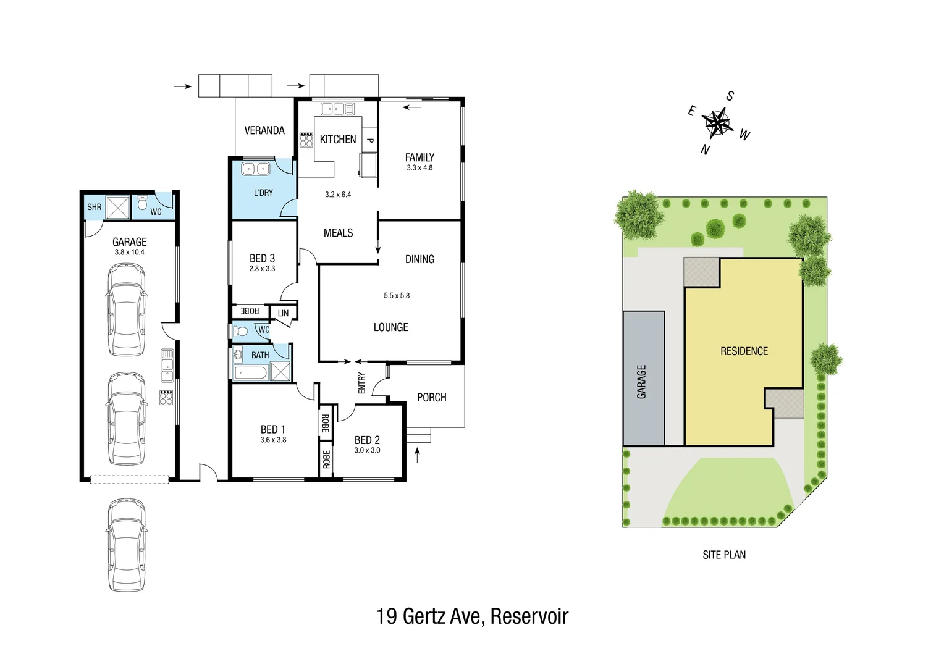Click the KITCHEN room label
click(338, 140)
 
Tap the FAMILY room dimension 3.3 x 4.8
click(419, 168)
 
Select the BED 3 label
click(262, 258)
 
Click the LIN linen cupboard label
click(283, 313)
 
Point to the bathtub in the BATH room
click(251, 372)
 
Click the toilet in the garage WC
click(142, 203)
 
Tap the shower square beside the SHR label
click(117, 207)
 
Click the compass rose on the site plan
click(717, 122)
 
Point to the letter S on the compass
click(730, 96)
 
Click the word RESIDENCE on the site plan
click(744, 351)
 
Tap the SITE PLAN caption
click(723, 555)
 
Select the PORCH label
click(431, 397)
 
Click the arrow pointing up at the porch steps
click(417, 455)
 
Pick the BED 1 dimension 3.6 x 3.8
click(273, 440)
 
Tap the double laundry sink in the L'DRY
click(255, 169)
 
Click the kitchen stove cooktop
click(306, 140)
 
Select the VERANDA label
click(264, 130)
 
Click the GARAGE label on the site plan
click(641, 381)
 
